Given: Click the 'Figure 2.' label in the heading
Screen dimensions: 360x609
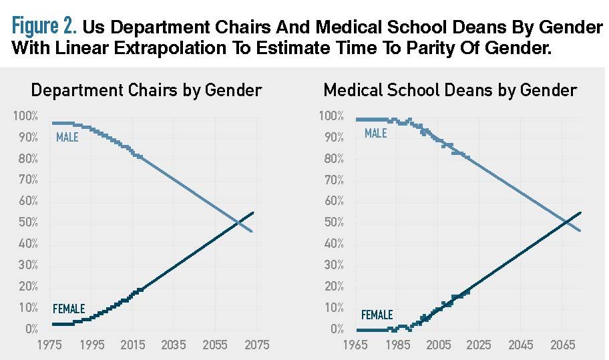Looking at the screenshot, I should pos(44,27).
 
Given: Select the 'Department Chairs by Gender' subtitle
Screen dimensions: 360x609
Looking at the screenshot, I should pos(146,90).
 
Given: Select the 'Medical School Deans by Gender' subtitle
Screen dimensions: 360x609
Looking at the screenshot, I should pos(450,90).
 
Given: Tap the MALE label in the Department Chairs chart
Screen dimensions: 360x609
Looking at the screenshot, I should pos(67,138).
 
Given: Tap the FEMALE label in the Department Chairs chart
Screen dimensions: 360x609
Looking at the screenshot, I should pos(69,309).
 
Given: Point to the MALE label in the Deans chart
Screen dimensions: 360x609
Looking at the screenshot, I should pos(375,134).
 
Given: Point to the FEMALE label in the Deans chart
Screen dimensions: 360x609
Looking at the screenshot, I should pos(377,315).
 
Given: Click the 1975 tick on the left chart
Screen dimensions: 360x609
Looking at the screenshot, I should pos(51,345).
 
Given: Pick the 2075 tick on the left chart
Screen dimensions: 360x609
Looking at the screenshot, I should pos(257,345).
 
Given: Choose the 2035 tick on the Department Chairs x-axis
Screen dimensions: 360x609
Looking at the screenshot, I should pos(174,345).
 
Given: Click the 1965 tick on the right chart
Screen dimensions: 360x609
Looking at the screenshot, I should pos(357,345).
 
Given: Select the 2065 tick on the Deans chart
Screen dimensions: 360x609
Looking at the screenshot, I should pos(562,345).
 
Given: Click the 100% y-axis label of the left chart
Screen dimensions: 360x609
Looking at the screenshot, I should pos(25,117).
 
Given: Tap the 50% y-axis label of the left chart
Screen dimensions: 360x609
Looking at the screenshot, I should pos(27,222).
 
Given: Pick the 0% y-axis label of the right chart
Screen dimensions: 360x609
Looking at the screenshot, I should pos(337,329).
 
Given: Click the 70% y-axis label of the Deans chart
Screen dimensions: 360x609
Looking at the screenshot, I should pos(333,180).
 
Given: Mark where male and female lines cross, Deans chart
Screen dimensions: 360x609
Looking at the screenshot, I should pos(565,222).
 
